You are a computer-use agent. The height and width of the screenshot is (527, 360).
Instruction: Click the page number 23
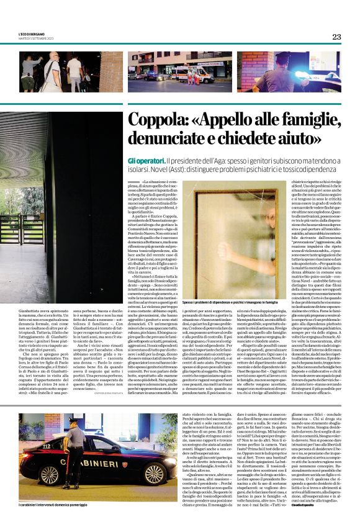click(336, 37)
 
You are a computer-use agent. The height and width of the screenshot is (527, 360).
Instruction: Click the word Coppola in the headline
click(140, 121)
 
